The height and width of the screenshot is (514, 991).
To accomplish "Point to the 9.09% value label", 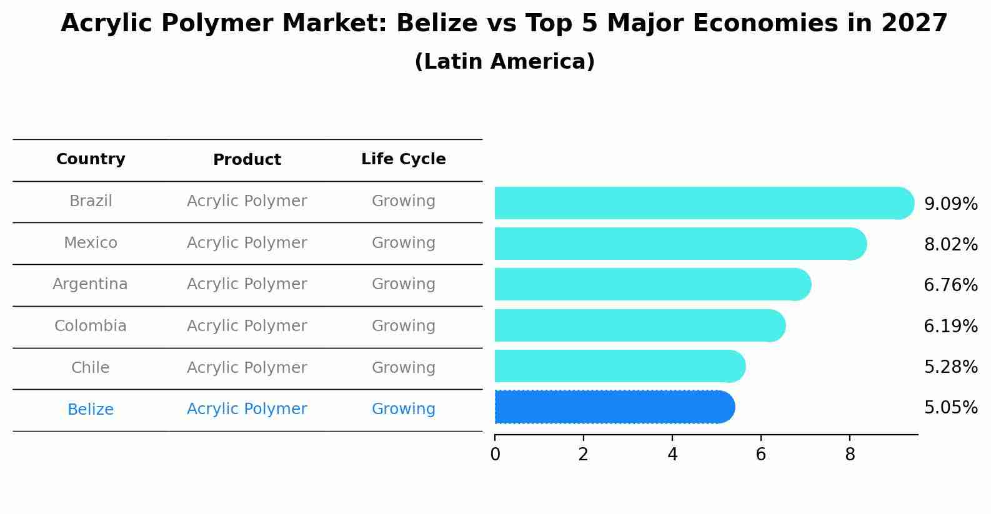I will click(950, 204).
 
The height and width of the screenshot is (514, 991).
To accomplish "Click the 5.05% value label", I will click(950, 408).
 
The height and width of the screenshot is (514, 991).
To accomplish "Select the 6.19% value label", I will click(950, 327).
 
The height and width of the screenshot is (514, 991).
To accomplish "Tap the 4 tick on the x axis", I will click(672, 455).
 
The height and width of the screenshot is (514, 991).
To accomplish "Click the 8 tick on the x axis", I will click(850, 455).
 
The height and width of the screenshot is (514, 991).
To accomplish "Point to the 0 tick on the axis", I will click(495, 455).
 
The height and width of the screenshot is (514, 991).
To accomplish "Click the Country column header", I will click(91, 159).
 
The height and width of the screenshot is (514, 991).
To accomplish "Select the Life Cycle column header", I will click(403, 159).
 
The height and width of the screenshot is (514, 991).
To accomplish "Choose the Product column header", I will click(247, 160).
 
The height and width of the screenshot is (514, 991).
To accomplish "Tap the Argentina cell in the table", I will click(90, 284).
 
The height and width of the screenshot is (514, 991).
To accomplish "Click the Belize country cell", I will click(91, 410).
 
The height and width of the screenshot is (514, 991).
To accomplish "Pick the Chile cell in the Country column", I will click(91, 368).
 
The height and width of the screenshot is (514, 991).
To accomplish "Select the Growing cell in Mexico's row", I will click(403, 243).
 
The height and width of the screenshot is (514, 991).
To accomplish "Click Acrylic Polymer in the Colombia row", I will click(247, 326).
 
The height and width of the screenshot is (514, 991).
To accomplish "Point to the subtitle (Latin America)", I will click(504, 62).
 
